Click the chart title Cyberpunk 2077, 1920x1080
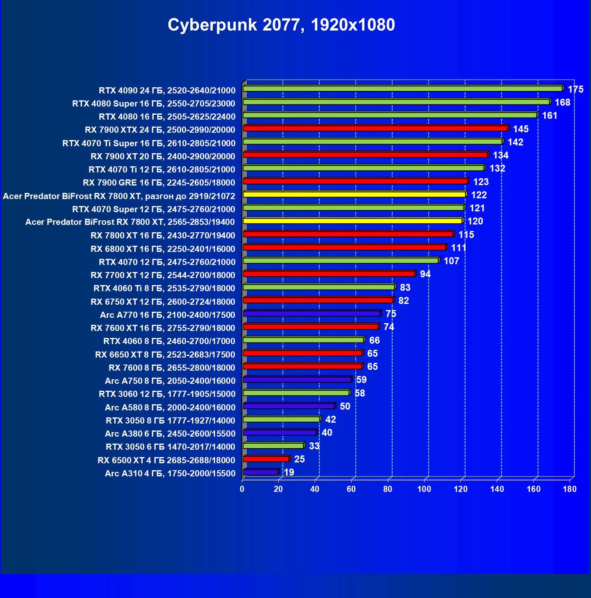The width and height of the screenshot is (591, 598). coord(281,25)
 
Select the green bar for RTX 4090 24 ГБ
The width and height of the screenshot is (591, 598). coord(402,89)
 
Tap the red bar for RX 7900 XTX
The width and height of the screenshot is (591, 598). coord(375,129)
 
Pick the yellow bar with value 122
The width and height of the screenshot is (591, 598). coord(354,195)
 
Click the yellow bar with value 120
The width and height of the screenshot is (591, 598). coord(352,221)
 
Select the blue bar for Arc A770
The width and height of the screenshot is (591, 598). coord(311,314)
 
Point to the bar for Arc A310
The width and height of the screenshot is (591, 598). coord(261,472)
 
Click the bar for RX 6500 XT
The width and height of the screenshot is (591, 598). coord(266,459)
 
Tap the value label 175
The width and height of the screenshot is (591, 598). coord(575,89)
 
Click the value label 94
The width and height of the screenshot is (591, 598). coord(425,274)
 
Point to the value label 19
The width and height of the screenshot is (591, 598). coord(289,472)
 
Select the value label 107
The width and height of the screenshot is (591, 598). coord(451,261)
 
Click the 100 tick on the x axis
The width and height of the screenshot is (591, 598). coord(424,489)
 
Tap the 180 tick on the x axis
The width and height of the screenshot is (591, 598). coord(570,489)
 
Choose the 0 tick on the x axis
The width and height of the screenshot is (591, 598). coord(242,489)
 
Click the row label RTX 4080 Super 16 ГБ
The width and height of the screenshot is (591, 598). coord(154,104)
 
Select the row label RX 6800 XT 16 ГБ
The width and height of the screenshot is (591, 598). coord(163,249)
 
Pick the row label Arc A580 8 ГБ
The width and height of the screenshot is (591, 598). coord(170,408)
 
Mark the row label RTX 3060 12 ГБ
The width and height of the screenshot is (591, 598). coord(167,394)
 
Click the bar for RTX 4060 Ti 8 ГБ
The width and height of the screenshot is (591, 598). coord(319,287)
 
